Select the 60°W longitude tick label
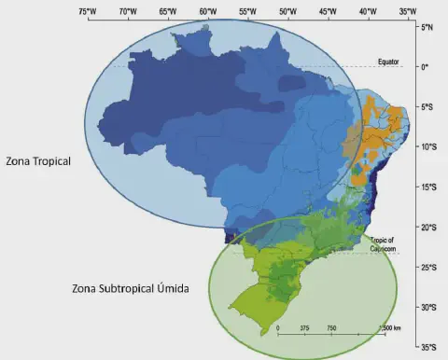207,11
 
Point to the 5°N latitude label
428,28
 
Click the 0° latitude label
426,67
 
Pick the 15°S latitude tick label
429,187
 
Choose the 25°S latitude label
429,268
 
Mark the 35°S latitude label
429,347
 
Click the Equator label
388,62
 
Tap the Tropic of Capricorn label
383,243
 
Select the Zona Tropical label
38,160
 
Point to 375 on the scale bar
305,328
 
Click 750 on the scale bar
331,328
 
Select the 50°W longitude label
287,11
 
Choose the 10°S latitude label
429,147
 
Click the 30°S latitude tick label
429,308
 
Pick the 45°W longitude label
328,11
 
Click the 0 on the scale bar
279,328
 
